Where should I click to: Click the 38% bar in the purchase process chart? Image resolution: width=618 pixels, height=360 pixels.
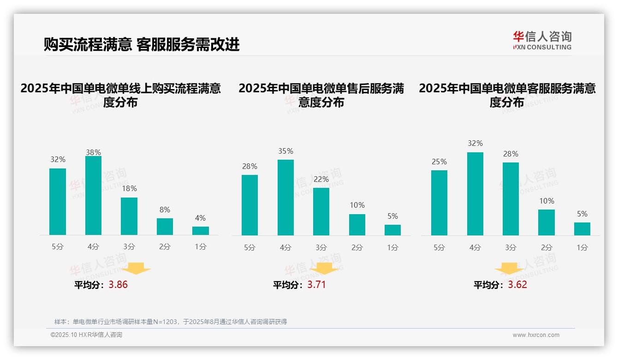click(93, 196)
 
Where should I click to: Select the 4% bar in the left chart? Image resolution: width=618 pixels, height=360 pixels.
click(200, 231)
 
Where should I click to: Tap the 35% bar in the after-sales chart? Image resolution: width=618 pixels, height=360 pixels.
click(285, 198)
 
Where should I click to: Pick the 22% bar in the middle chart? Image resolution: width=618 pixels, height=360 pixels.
click(321, 211)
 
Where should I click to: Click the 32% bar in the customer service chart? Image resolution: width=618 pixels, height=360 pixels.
click(475, 194)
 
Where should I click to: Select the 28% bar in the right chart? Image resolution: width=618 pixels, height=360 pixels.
click(511, 199)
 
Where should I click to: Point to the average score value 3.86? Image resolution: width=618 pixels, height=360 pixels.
click(118, 285)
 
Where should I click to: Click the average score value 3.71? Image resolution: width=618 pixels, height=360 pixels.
click(316, 285)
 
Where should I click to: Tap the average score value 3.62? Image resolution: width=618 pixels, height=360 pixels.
click(517, 285)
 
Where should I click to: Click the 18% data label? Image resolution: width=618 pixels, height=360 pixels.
click(129, 189)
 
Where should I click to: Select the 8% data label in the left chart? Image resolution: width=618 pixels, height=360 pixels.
click(165, 210)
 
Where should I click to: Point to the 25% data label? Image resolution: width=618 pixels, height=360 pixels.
click(439, 162)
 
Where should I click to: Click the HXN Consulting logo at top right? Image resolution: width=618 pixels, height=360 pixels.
click(542, 41)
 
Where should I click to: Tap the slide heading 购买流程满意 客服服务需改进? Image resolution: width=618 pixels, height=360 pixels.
click(142, 44)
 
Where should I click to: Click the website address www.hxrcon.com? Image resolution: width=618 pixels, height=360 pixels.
click(536, 335)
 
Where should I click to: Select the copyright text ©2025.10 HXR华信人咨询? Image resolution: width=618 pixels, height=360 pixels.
click(86, 335)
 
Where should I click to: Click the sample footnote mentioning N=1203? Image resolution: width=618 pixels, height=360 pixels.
click(171, 322)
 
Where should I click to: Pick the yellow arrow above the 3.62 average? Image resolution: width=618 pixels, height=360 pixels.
click(509, 269)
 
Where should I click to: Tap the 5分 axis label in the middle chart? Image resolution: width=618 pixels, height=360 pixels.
click(250, 248)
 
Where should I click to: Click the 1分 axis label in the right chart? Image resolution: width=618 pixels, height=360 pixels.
click(582, 248)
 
